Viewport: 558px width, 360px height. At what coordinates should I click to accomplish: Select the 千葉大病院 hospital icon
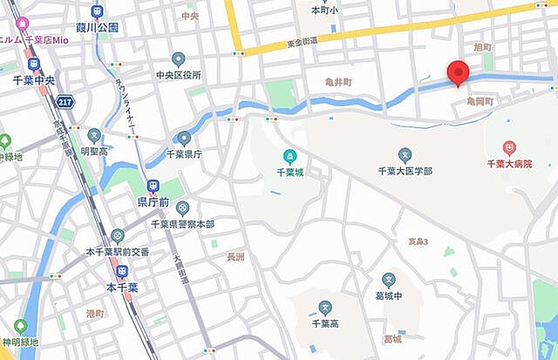(510, 148)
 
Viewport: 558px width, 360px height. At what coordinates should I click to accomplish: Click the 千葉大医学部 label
(405, 171)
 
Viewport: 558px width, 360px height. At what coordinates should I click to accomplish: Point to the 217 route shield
(65, 102)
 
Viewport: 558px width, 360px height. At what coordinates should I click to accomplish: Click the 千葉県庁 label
(184, 154)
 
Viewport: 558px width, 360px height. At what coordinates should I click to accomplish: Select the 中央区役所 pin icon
(179, 59)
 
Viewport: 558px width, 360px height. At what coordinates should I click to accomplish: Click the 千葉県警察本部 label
(182, 224)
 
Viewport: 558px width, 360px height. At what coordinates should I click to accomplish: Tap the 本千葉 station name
(123, 287)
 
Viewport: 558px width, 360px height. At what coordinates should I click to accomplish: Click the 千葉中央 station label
(34, 78)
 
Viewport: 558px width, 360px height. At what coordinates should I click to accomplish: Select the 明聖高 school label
(93, 151)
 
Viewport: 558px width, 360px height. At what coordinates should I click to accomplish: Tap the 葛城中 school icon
(388, 281)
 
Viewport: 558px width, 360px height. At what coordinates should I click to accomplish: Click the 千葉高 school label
(324, 323)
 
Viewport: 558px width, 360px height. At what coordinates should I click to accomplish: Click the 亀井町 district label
(337, 83)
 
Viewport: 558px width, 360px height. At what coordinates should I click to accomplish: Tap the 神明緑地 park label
(19, 342)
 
